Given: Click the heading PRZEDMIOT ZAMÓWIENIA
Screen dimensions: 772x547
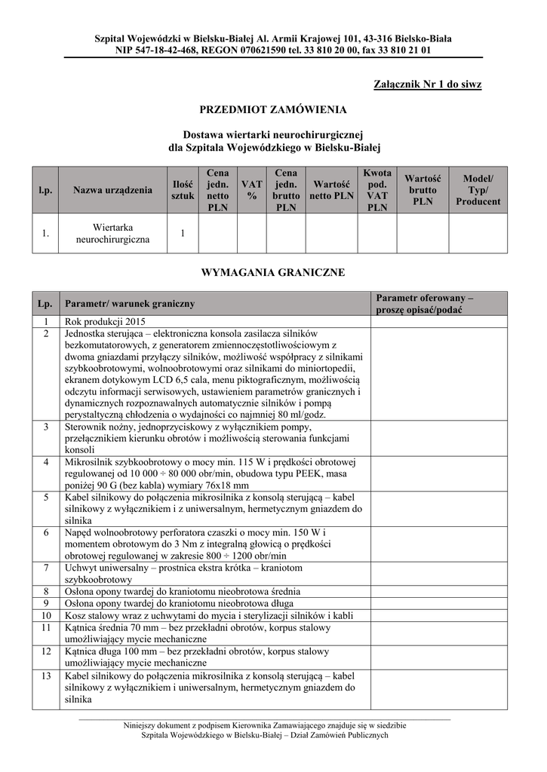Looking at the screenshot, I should pos(272,110).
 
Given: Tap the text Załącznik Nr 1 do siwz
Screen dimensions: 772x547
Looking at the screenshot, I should pos(427,84).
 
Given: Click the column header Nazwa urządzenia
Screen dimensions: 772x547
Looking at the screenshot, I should pos(112,190).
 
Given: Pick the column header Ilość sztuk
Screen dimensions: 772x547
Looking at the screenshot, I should pos(183,190).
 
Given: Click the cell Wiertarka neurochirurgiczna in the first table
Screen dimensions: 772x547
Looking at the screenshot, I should pos(112,233).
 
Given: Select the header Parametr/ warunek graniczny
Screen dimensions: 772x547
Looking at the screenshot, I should pos(130,304).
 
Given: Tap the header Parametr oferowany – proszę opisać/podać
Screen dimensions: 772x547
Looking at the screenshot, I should pos(424,304).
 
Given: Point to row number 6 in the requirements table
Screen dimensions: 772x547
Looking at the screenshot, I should pos(46,532).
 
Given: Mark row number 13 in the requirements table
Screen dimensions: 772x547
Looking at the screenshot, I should pos(46,675).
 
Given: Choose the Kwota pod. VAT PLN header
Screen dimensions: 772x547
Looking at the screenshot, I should pos(376,190).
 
